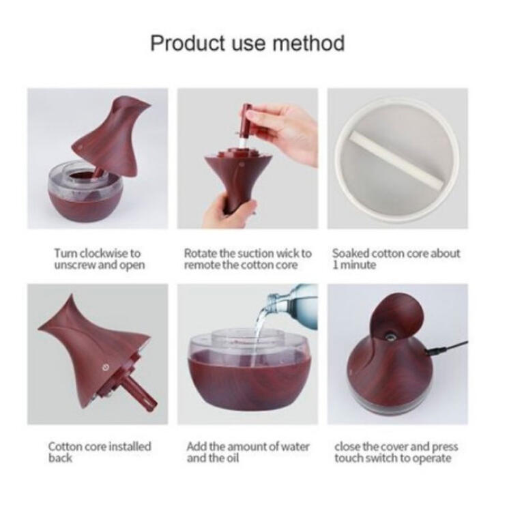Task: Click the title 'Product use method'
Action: pyautogui.click(x=247, y=44)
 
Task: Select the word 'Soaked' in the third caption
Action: pyautogui.click(x=351, y=253)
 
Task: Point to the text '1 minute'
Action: pyautogui.click(x=354, y=265)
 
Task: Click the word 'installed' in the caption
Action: pyautogui.click(x=131, y=446)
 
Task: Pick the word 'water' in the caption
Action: pyautogui.click(x=294, y=446)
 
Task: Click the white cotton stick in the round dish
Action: pyautogui.click(x=396, y=160)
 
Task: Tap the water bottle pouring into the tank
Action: pyautogui.click(x=294, y=304)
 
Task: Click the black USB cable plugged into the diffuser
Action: pyautogui.click(x=447, y=347)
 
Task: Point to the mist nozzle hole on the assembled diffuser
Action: pyautogui.click(x=390, y=335)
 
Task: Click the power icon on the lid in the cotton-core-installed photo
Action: pyautogui.click(x=106, y=368)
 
